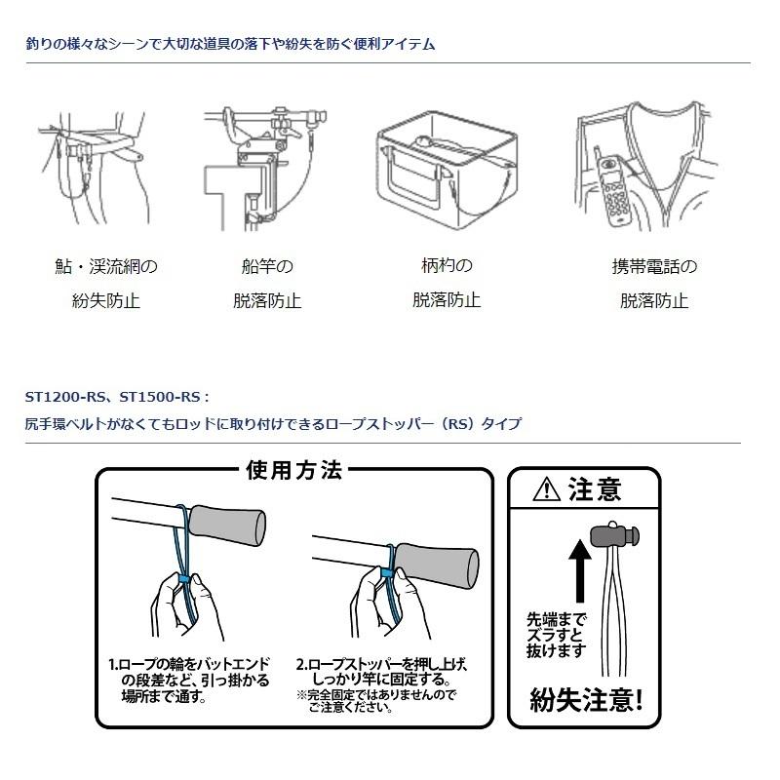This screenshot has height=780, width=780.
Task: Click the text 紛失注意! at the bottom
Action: tap(586, 699)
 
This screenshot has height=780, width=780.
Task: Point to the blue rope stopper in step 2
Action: tap(386, 572)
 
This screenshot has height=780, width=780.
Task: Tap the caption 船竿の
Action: tap(266, 266)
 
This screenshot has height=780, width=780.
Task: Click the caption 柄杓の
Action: tap(446, 265)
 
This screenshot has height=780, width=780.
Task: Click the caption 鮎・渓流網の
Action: tap(106, 266)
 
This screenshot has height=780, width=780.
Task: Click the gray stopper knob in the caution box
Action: tap(612, 535)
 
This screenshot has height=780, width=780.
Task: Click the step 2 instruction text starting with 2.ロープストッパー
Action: tap(381, 671)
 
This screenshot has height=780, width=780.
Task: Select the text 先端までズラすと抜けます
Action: tap(556, 633)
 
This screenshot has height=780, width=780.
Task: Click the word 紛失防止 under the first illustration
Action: tap(106, 301)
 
